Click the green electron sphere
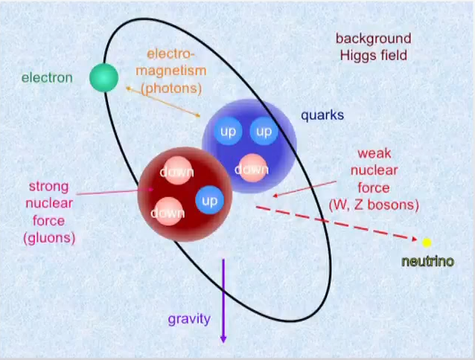[x=104, y=77]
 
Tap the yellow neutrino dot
[x=427, y=242]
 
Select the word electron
[x=47, y=78]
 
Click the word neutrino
[x=428, y=261]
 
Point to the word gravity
[x=189, y=319]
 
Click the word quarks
[x=322, y=115]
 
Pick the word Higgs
[x=356, y=56]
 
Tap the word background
[x=374, y=39]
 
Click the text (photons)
[x=171, y=89]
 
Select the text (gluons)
[x=49, y=238]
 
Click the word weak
[x=374, y=153]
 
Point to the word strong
[x=49, y=187]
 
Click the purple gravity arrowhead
[x=223, y=339]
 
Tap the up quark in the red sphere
[x=210, y=200]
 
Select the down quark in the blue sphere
[x=252, y=168]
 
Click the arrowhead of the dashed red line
[x=415, y=239]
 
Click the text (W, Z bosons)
[x=374, y=205]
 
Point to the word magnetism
[x=171, y=71]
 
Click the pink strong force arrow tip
[x=151, y=190]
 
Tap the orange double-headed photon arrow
[x=163, y=102]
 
